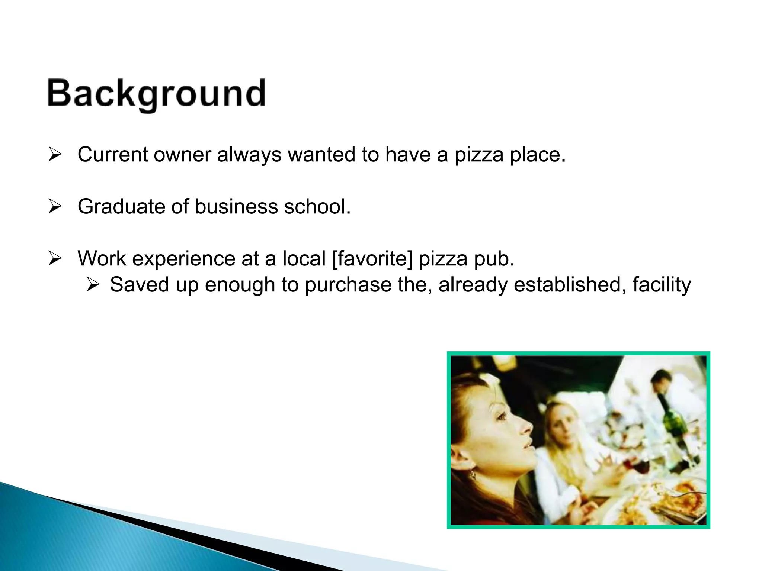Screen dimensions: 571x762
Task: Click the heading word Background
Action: (x=157, y=94)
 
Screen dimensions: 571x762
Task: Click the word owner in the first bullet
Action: (x=182, y=155)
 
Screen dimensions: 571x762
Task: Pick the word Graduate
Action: (x=121, y=207)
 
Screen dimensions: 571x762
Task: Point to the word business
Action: (x=236, y=207)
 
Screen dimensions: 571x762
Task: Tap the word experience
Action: (x=184, y=259)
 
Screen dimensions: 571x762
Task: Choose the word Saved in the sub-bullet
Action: (x=139, y=285)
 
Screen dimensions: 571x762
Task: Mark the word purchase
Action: (x=348, y=285)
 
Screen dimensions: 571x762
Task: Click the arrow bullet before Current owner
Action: (x=55, y=155)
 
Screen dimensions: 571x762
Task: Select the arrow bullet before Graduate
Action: (x=55, y=207)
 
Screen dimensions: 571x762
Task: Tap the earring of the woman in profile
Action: (x=473, y=475)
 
